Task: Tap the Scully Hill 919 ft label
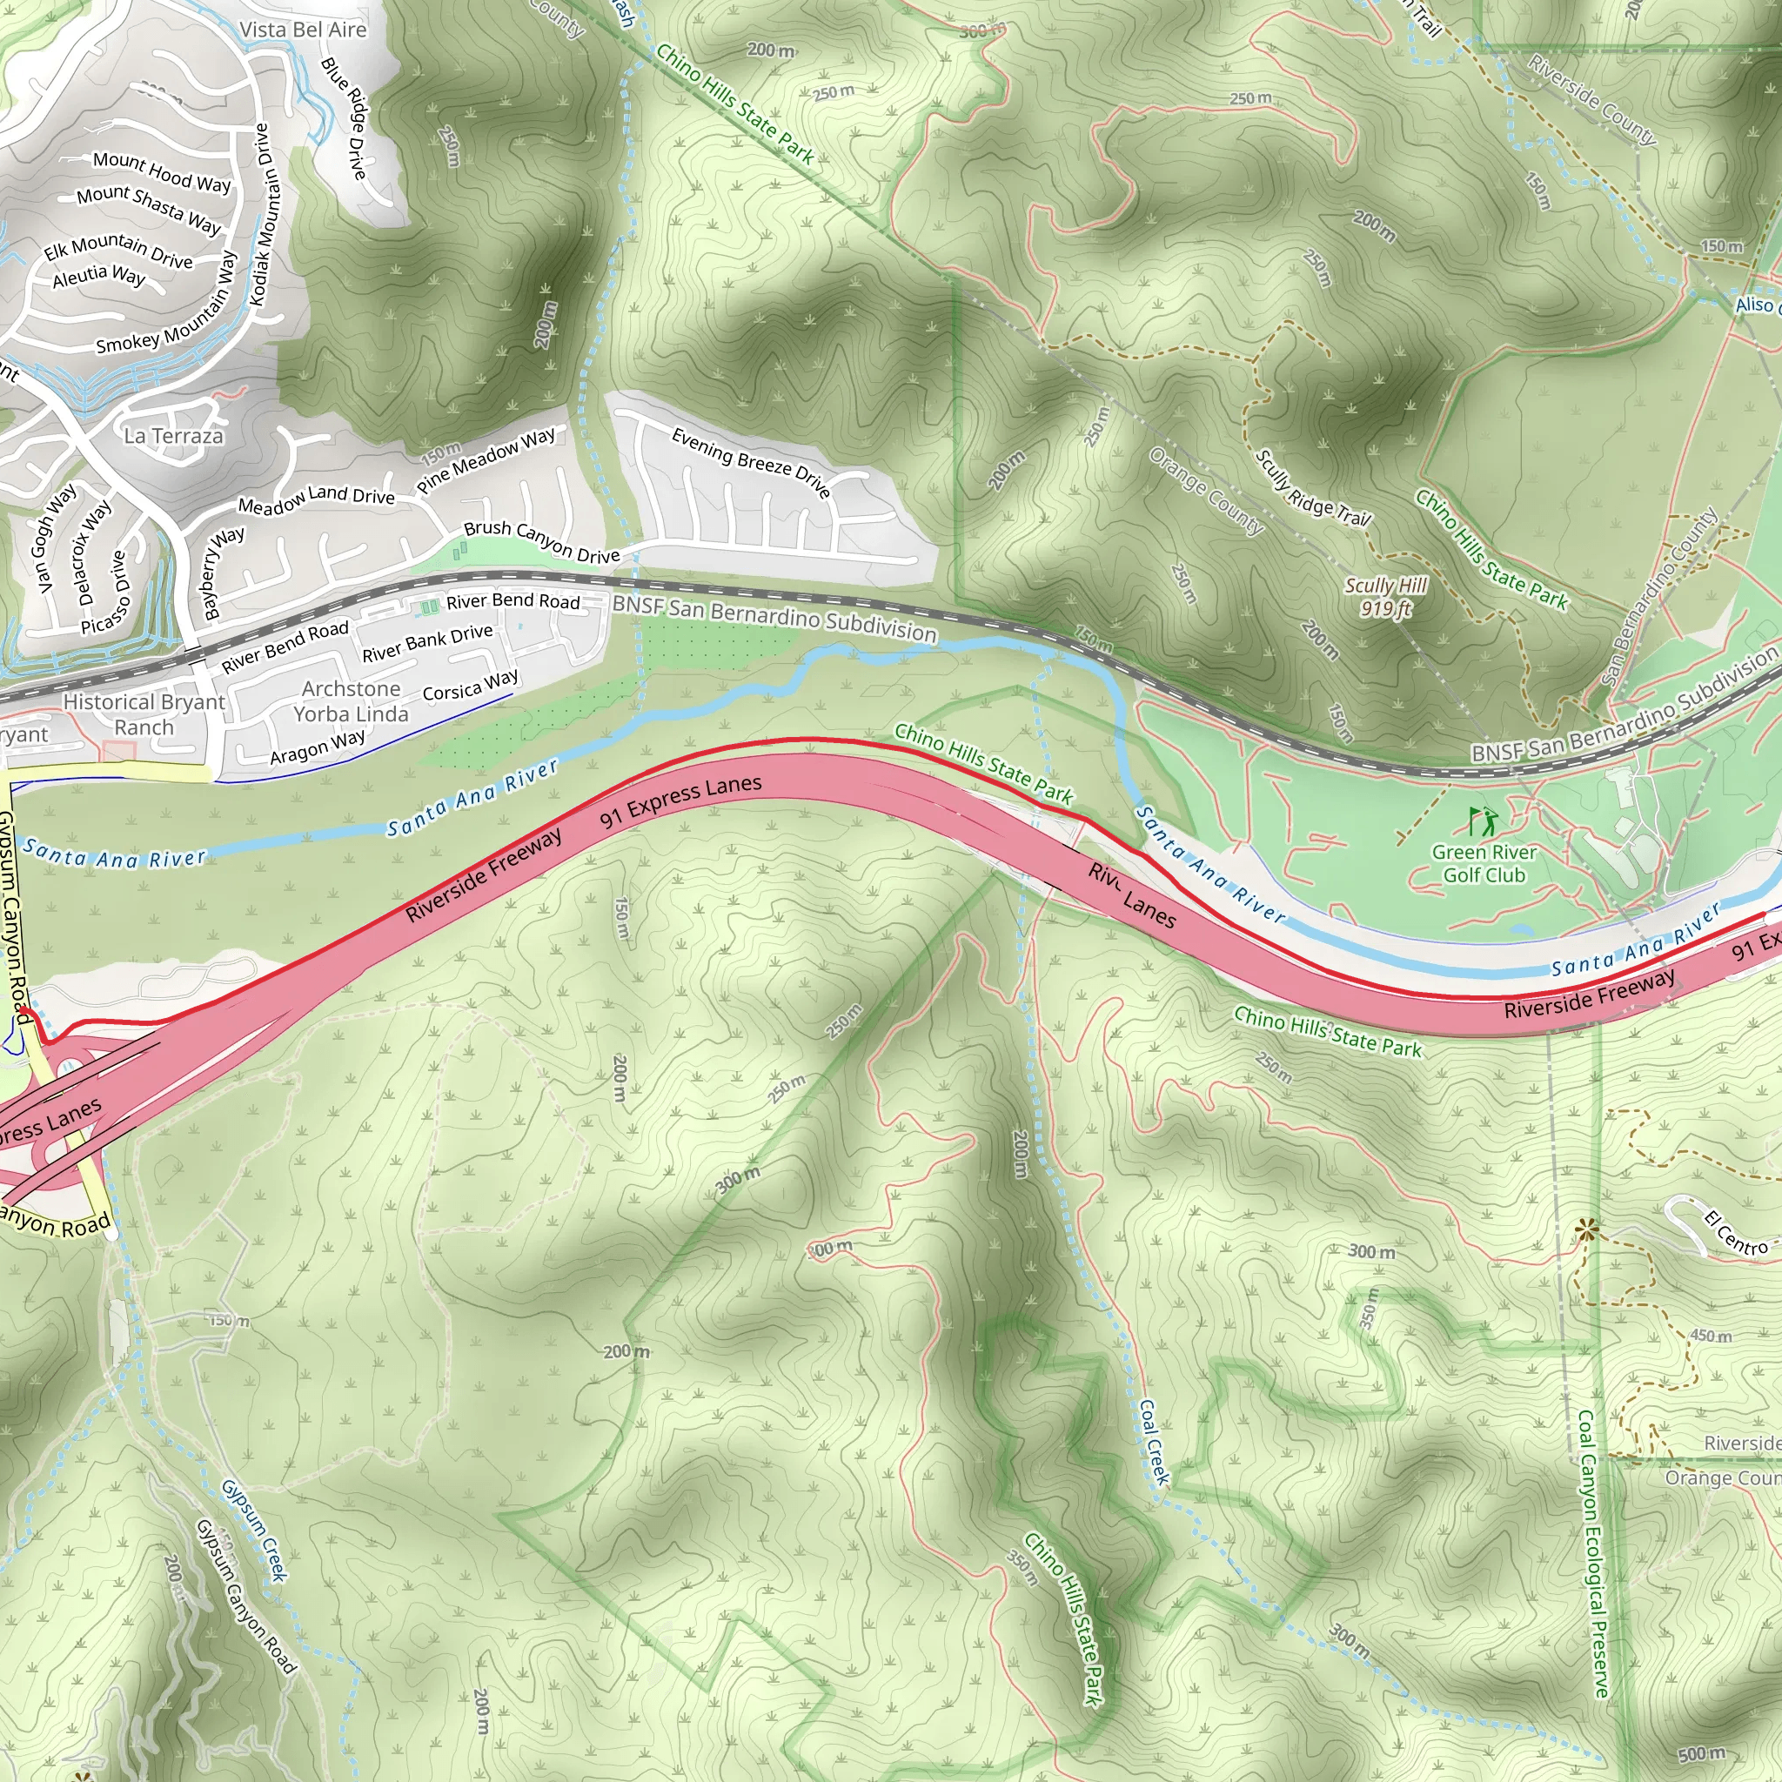pos(1385,597)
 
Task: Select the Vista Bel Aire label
pos(303,30)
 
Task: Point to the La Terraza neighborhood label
pos(173,435)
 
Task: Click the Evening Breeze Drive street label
pos(751,462)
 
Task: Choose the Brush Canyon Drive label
pos(541,541)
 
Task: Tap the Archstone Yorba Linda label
pos(351,701)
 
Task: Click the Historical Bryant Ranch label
pos(144,713)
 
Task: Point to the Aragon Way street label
pos(318,747)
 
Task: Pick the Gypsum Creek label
pos(255,1531)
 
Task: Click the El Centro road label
pos(1737,1233)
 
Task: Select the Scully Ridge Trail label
pos(1313,489)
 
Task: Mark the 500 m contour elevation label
pos(1701,1753)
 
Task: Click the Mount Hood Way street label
pos(163,171)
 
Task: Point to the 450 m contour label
pos(1711,1336)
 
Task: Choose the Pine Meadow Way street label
pos(486,459)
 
